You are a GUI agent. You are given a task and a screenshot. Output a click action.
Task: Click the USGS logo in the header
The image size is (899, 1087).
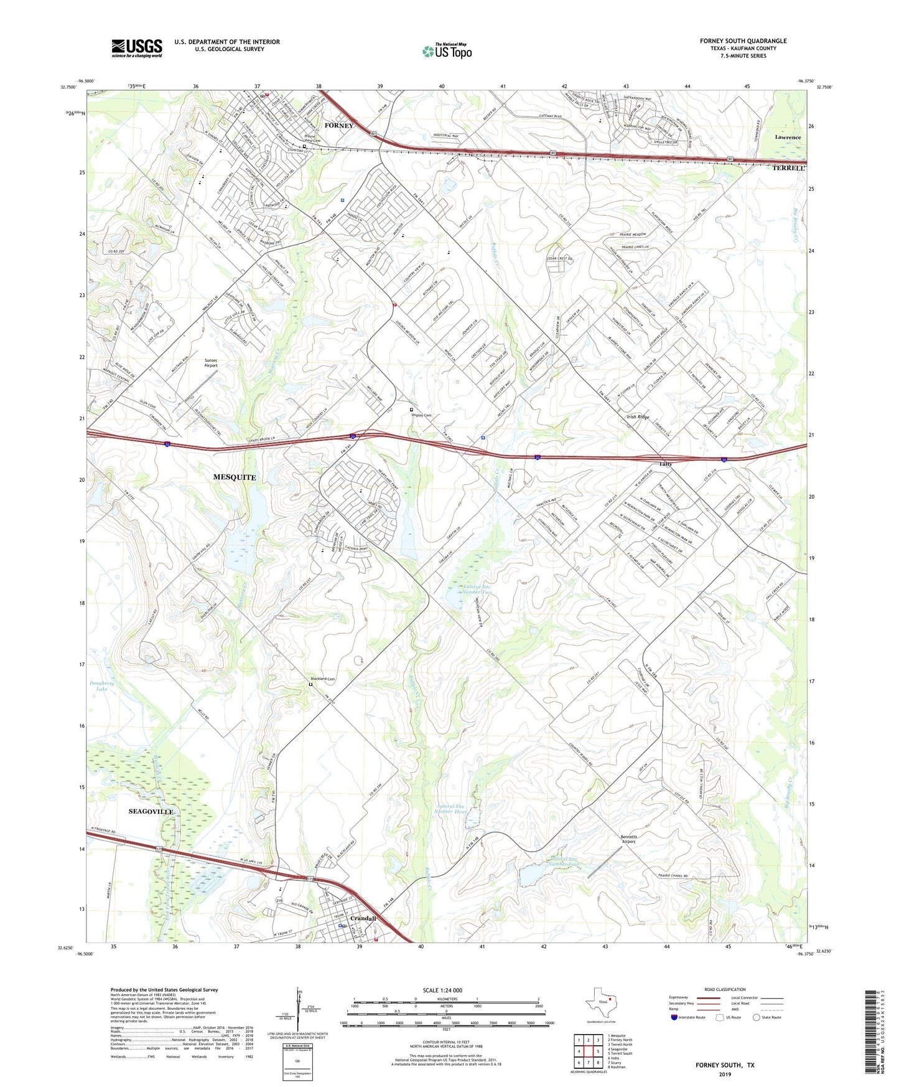[137, 48]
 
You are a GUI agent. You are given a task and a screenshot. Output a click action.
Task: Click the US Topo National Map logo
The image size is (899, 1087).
[447, 51]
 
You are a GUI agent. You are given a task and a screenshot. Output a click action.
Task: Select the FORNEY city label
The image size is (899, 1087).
[338, 126]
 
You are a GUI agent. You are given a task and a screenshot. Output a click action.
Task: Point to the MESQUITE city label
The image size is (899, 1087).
[235, 477]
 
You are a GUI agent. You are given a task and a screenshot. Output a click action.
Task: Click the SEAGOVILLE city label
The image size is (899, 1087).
[151, 812]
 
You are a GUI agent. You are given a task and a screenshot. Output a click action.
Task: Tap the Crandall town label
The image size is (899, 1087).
[363, 918]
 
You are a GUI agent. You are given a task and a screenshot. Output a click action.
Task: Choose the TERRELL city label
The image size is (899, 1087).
[788, 168]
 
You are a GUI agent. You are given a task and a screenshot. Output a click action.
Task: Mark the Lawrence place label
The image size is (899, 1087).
[788, 137]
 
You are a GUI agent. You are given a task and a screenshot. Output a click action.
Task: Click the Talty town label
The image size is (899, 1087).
[665, 464]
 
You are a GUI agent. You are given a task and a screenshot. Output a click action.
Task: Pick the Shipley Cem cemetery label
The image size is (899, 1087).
[421, 415]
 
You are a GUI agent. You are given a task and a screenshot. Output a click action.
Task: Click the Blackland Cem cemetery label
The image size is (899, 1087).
[323, 679]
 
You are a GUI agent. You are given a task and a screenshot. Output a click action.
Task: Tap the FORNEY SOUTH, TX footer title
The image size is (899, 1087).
[725, 1065]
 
